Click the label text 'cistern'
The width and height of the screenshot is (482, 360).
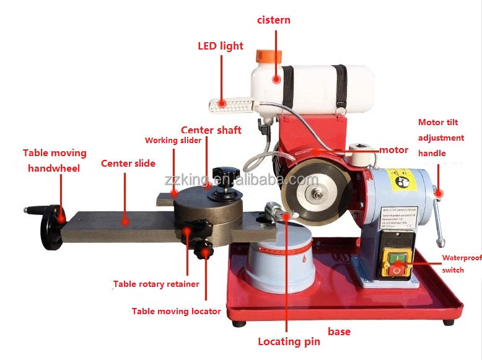click(273, 20)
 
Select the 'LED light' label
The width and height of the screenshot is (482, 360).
click(220, 46)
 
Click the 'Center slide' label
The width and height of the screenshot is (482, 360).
click(128, 164)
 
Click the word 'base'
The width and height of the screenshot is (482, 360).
click(339, 331)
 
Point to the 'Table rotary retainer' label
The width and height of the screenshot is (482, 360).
click(156, 284)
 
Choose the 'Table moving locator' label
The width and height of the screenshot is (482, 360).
click(176, 311)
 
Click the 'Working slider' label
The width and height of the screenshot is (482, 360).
click(173, 140)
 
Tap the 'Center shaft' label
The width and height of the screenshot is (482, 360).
click(211, 130)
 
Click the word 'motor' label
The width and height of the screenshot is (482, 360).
click(393, 149)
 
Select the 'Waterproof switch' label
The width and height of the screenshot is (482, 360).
click(460, 263)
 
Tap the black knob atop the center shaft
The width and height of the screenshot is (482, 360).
click(222, 174)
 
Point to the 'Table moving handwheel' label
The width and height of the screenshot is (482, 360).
click(55, 160)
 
